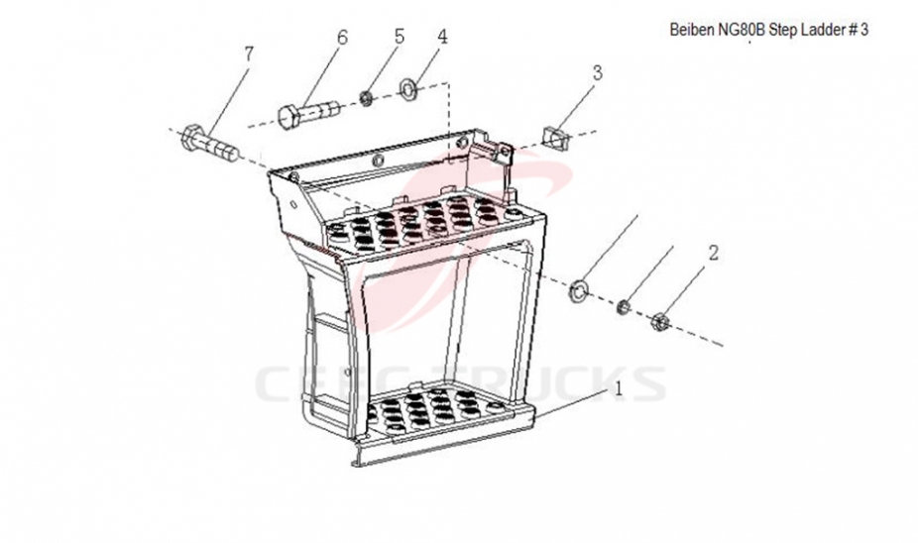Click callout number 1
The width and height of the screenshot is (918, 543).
coord(619,389)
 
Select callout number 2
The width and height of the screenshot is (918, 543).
coord(713,254)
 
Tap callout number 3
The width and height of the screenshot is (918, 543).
coord(597,72)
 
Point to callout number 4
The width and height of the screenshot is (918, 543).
coord(442,37)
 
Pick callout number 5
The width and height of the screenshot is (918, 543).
coord(400,37)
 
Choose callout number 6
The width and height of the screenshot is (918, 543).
coord(342,38)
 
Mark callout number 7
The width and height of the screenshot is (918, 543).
coord(249,54)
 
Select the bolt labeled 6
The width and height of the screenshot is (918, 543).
coord(308,113)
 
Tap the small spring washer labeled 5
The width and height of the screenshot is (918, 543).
coord(367,98)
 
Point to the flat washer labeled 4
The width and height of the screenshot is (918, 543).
coord(407,89)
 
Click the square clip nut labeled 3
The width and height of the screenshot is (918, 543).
coord(555,138)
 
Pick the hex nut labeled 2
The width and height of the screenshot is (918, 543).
coord(660,321)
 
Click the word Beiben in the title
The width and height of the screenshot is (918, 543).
coord(691,30)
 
